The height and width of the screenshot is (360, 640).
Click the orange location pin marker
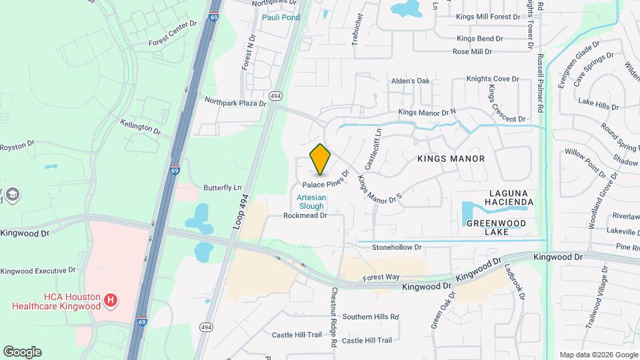pyautogui.click(x=320, y=159)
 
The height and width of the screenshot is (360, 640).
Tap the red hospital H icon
pyautogui.click(x=111, y=301)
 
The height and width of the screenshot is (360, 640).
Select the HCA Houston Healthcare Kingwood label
pyautogui.click(x=56, y=301)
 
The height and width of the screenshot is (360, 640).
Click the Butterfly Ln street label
pyautogui.click(x=222, y=188)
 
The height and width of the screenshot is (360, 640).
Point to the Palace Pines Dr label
pyautogui.click(x=327, y=182)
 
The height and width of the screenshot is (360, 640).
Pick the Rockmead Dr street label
pyautogui.click(x=305, y=215)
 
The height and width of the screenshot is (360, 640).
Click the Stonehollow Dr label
pyautogui.click(x=397, y=247)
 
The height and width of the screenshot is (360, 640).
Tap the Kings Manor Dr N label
pyautogui.click(x=427, y=113)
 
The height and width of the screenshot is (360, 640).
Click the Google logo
pyautogui.click(x=22, y=351)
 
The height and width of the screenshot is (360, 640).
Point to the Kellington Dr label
pyautogui.click(x=141, y=127)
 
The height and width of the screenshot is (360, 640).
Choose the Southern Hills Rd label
pyautogui.click(x=370, y=317)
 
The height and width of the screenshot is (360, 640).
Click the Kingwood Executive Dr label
pyautogui.click(x=38, y=271)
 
